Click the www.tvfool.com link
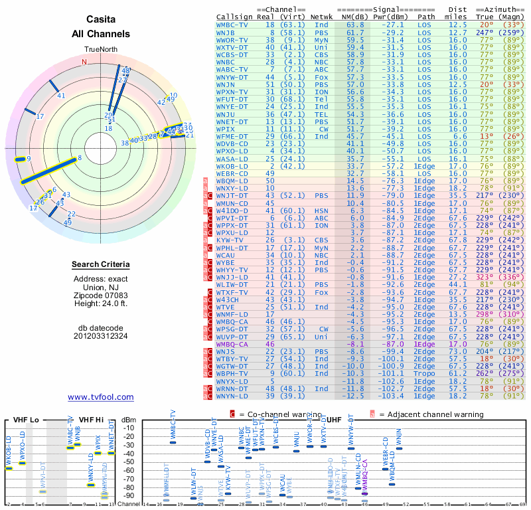click(100, 397)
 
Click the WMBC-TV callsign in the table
click(233, 25)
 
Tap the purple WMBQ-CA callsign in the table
click(233, 344)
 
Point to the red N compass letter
click(84, 62)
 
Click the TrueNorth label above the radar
click(100, 50)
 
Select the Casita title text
click(100, 21)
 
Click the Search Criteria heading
click(100, 265)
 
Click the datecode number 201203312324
click(100, 336)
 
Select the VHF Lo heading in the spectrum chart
click(25, 420)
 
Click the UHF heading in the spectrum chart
click(334, 420)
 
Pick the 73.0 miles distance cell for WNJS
click(457, 351)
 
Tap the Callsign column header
click(234, 17)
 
